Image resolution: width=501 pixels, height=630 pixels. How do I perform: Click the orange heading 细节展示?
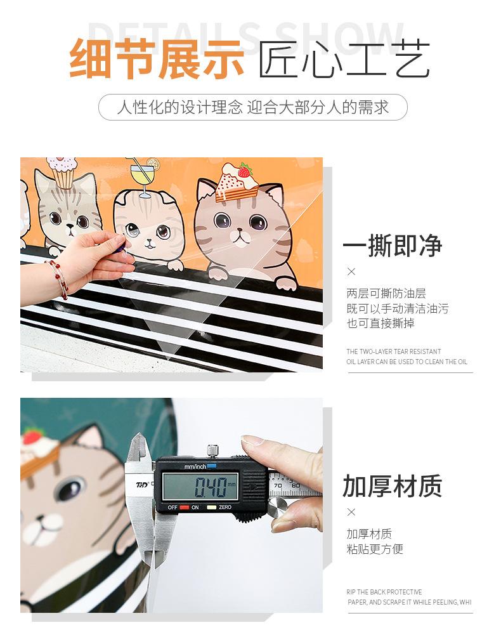click(x=157, y=58)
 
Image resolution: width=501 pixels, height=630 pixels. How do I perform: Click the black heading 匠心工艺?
click(x=344, y=58)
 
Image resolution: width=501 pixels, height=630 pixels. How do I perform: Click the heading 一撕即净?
click(x=392, y=246)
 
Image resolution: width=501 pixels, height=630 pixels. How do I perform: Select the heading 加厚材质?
click(x=392, y=486)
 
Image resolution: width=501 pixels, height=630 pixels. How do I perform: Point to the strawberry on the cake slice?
click(x=245, y=171)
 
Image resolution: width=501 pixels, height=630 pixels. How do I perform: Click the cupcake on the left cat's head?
click(x=62, y=173)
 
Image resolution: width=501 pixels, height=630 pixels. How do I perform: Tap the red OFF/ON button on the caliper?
click(x=185, y=508)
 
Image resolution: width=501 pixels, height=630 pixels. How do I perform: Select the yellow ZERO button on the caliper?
click(x=211, y=508)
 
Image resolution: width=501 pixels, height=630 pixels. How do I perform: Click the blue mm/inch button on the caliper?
click(x=212, y=466)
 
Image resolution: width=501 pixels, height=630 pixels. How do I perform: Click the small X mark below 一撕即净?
click(x=351, y=272)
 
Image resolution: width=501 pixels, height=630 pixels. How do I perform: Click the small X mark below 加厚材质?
click(x=351, y=512)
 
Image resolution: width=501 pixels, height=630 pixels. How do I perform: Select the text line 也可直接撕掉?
click(x=381, y=323)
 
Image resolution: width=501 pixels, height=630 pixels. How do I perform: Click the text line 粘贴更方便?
click(x=375, y=548)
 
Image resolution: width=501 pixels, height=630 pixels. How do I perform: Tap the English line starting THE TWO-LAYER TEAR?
click(x=394, y=351)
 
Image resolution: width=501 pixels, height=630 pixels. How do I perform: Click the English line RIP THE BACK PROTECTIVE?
click(x=384, y=592)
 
